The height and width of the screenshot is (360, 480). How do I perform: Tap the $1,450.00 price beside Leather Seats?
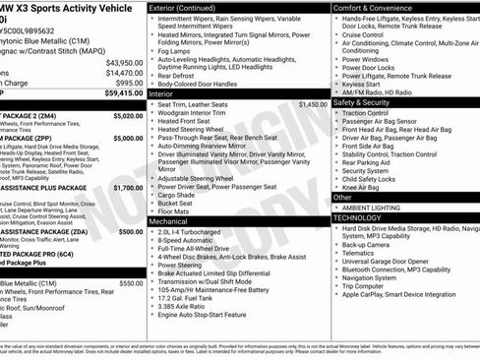[312, 103]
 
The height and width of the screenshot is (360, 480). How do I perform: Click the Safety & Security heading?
[362, 101]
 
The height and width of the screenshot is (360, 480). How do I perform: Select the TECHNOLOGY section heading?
[361, 217]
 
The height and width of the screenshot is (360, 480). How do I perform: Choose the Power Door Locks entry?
[373, 69]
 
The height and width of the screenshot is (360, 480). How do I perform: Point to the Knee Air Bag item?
[365, 186]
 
